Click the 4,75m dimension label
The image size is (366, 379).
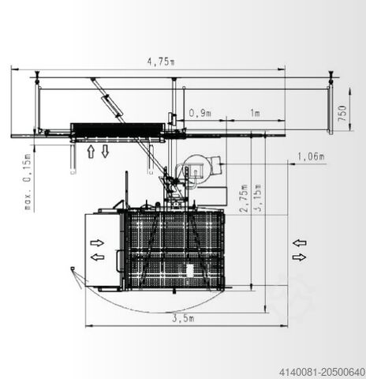point(161,62)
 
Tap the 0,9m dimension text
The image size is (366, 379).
point(200,114)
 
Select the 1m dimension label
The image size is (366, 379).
point(255,113)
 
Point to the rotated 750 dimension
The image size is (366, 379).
point(342,113)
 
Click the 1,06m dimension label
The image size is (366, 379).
point(311,156)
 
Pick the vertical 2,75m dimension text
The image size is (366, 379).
point(244,198)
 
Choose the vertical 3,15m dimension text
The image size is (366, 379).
point(258,198)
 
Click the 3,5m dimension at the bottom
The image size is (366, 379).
point(183,318)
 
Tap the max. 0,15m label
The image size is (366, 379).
point(28,182)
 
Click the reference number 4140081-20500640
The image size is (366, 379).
point(322,373)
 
